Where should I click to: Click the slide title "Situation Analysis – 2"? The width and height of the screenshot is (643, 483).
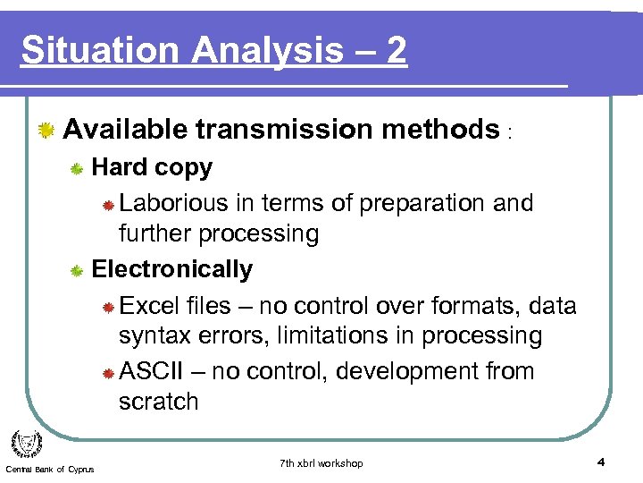pyautogui.click(x=214, y=51)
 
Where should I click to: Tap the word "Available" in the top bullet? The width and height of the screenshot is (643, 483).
pyautogui.click(x=125, y=130)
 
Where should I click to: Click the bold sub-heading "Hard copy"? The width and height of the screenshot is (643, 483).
pyautogui.click(x=152, y=168)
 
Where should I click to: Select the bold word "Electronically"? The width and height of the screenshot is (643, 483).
pyautogui.click(x=172, y=269)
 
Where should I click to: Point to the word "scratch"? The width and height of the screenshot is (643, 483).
pyautogui.click(x=158, y=402)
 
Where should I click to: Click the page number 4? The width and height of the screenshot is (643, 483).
pyautogui.click(x=601, y=462)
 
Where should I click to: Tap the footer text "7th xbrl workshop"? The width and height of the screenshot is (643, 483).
pyautogui.click(x=321, y=463)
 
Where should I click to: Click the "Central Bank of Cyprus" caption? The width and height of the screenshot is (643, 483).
pyautogui.click(x=49, y=470)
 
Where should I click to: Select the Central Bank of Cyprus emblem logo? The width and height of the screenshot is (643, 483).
pyautogui.click(x=26, y=445)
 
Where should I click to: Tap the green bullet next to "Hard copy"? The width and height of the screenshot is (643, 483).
pyautogui.click(x=78, y=169)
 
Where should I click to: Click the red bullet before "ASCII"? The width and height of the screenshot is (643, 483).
pyautogui.click(x=106, y=372)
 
